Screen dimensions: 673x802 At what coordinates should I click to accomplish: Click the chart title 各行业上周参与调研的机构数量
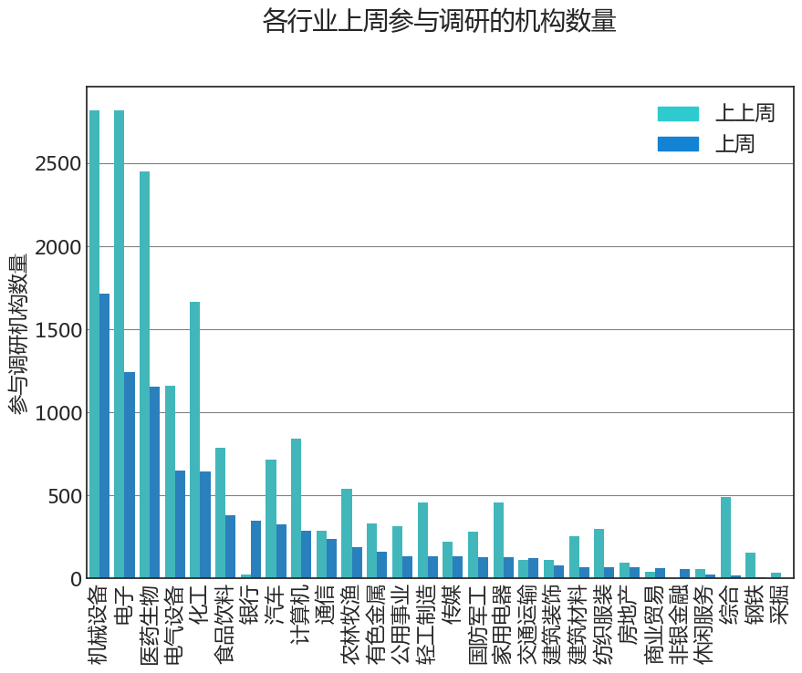[x=439, y=21]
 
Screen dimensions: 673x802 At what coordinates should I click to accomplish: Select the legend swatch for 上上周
[x=678, y=113]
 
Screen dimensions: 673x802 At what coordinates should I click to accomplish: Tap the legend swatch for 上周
[x=678, y=144]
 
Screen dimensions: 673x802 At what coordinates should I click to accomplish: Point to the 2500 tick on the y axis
[x=58, y=164]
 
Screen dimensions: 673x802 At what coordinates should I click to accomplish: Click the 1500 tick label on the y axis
[x=58, y=330]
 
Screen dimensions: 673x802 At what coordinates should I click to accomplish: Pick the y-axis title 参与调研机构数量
[x=18, y=334]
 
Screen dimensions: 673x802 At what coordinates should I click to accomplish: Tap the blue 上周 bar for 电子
[x=130, y=475]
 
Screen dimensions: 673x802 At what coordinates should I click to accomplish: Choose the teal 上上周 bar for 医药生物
[x=144, y=375]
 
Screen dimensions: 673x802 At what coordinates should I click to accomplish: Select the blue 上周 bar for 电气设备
[x=180, y=524]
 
